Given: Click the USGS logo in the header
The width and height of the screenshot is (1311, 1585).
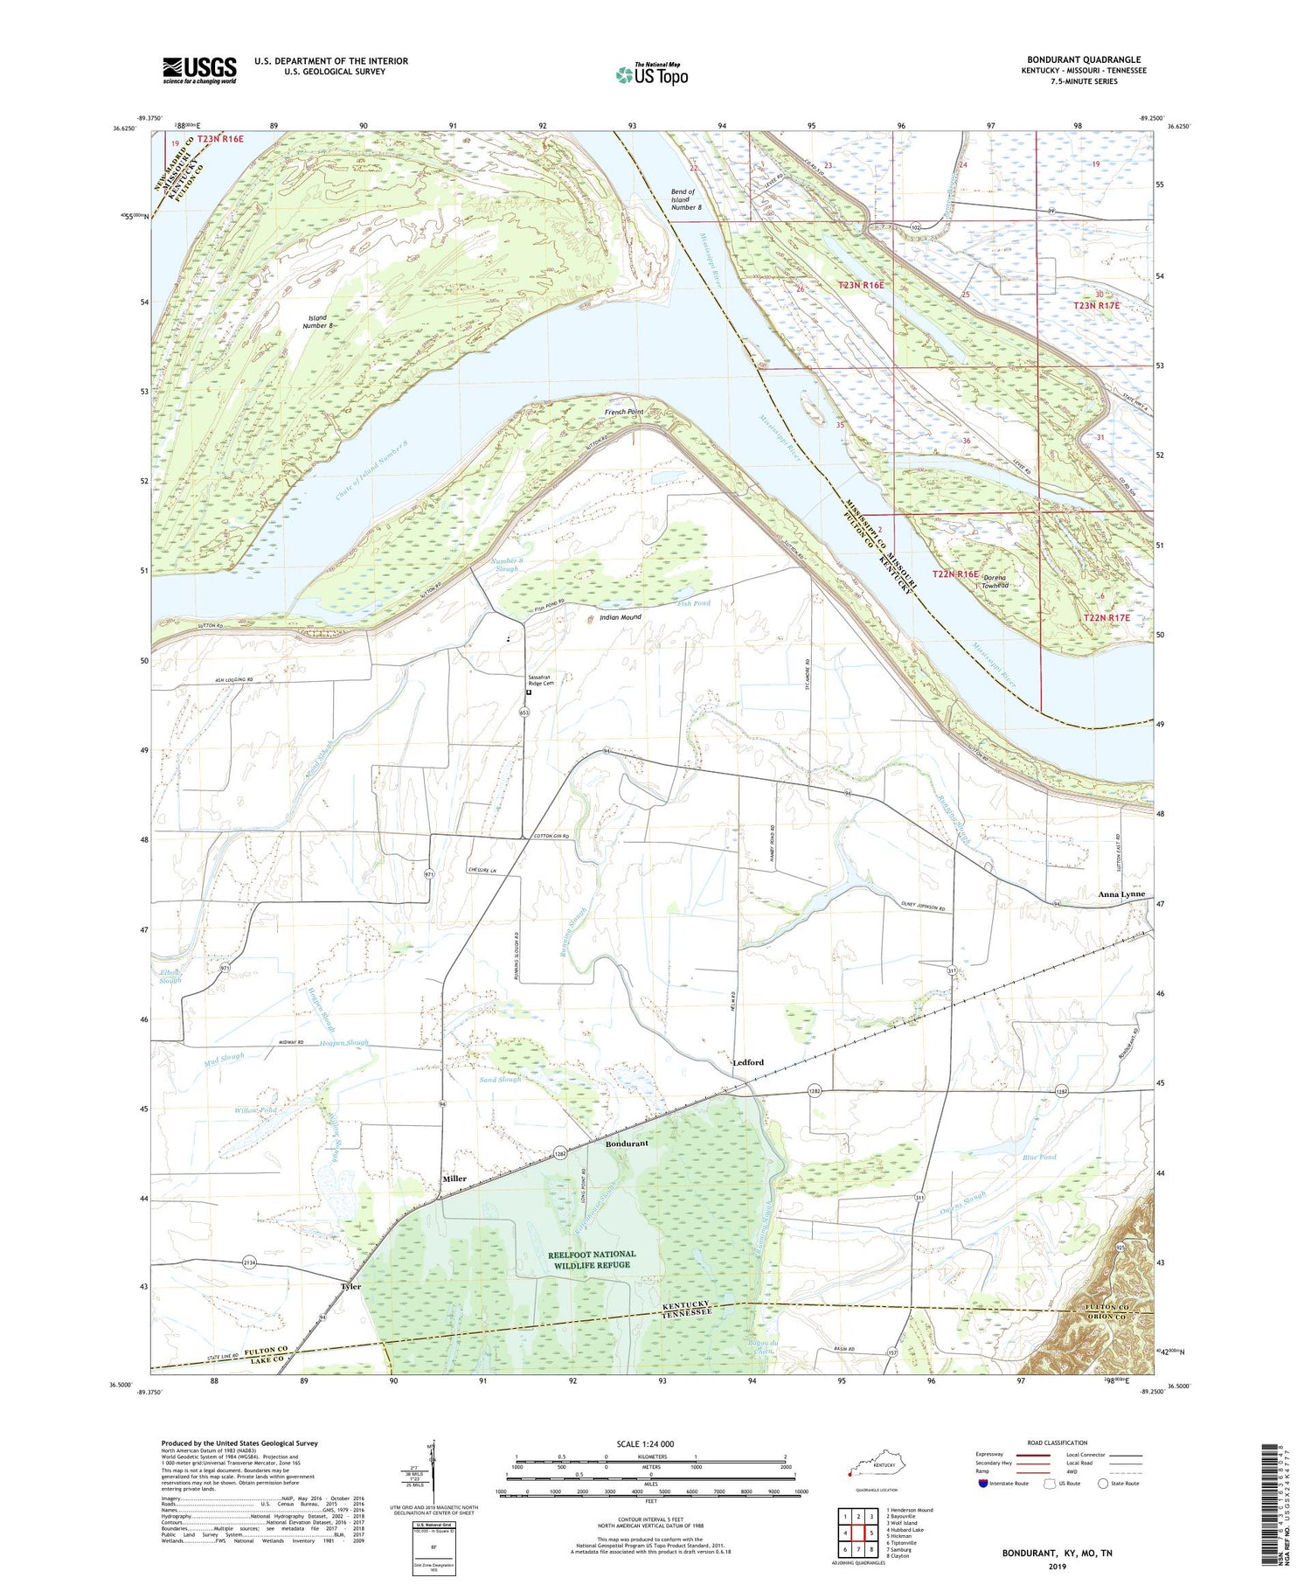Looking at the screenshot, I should pyautogui.click(x=199, y=70).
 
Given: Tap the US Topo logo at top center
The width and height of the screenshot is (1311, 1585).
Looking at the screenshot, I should pyautogui.click(x=652, y=74).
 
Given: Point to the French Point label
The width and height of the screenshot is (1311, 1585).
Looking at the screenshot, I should pyautogui.click(x=624, y=412).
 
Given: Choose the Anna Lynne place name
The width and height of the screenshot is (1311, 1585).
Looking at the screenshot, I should pyautogui.click(x=1121, y=895).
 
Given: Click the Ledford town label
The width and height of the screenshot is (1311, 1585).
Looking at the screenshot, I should pyautogui.click(x=747, y=1062).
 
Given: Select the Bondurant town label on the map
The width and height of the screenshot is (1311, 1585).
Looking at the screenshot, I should pyautogui.click(x=628, y=1144).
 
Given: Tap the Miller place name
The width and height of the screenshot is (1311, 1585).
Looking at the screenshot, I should pyautogui.click(x=454, y=1178).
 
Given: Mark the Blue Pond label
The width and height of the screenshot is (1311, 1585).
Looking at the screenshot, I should pyautogui.click(x=1040, y=1157).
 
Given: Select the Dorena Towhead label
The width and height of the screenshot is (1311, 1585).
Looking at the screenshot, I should pyautogui.click(x=995, y=582).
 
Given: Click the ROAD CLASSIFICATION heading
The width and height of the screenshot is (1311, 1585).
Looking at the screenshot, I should pyautogui.click(x=1057, y=1442).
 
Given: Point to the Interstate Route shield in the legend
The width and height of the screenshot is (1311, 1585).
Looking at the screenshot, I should pyautogui.click(x=983, y=1484).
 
